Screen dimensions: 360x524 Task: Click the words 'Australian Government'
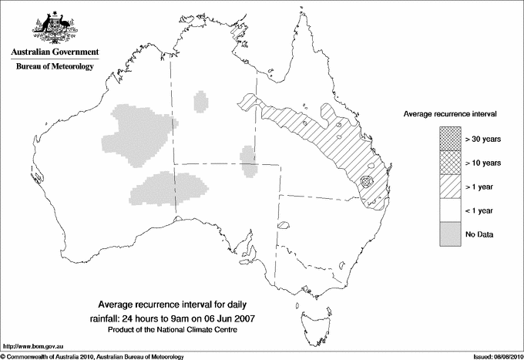click(x=54, y=52)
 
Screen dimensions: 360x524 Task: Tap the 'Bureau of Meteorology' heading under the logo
click(x=54, y=67)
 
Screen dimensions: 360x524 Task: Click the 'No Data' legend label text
click(x=479, y=234)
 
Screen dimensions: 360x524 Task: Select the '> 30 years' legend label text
click(x=483, y=139)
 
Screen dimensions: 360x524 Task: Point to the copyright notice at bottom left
click(x=92, y=355)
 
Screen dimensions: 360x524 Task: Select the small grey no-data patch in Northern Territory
click(x=201, y=102)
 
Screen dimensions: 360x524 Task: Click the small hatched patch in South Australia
click(x=283, y=226)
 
